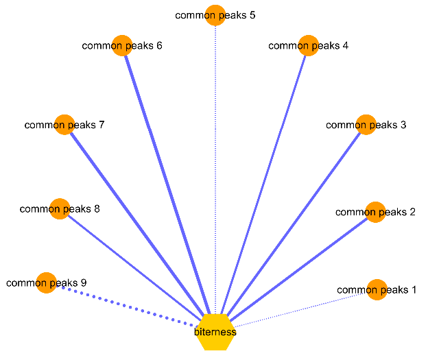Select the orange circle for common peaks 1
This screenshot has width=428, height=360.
[x=377, y=289]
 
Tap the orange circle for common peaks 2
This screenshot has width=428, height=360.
[x=375, y=212]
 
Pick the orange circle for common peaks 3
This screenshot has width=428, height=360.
[x=366, y=124]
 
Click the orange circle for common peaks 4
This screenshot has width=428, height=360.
[x=308, y=45]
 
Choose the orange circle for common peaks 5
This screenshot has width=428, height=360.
[x=215, y=14]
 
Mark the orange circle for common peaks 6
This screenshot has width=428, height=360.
[x=122, y=45]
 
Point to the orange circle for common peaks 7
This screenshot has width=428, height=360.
[x=64, y=124]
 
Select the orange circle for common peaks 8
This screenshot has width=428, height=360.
[x=60, y=208]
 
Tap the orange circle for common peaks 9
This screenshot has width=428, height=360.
[x=46, y=283]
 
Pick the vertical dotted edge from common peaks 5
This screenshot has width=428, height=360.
[x=215, y=165]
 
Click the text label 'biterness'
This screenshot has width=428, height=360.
[x=215, y=332]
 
